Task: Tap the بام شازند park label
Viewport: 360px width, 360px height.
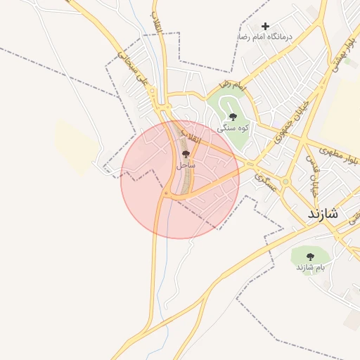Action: [311, 268]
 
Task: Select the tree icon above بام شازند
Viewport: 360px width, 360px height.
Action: [311, 257]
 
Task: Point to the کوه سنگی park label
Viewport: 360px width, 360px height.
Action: [233, 128]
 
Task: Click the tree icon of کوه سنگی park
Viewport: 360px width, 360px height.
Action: [233, 117]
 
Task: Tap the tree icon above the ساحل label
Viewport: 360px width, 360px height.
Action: [186, 153]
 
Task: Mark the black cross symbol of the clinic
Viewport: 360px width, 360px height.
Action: [265, 26]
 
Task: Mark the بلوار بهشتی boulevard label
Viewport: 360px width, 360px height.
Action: [335, 57]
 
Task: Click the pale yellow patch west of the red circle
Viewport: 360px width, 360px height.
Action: [76, 147]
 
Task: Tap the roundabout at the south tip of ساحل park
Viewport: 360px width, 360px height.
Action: [166, 193]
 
